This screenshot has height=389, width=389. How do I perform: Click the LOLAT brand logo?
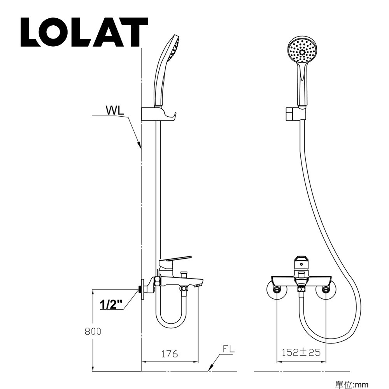tap(84, 32)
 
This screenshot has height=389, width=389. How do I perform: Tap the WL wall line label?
tap(115, 110)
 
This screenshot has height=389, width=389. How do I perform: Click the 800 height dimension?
tap(93, 331)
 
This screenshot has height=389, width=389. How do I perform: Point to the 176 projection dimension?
tap(169, 354)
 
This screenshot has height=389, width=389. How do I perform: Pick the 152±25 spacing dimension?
tap(301, 352)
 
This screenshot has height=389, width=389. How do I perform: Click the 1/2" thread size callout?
tap(111, 303)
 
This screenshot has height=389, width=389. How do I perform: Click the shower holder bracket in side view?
tap(158, 115)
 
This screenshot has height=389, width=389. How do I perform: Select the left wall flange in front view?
tap(277, 290)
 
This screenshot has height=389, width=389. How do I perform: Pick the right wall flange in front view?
tap(326, 290)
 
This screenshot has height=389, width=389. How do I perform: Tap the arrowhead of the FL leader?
tap(211, 368)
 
